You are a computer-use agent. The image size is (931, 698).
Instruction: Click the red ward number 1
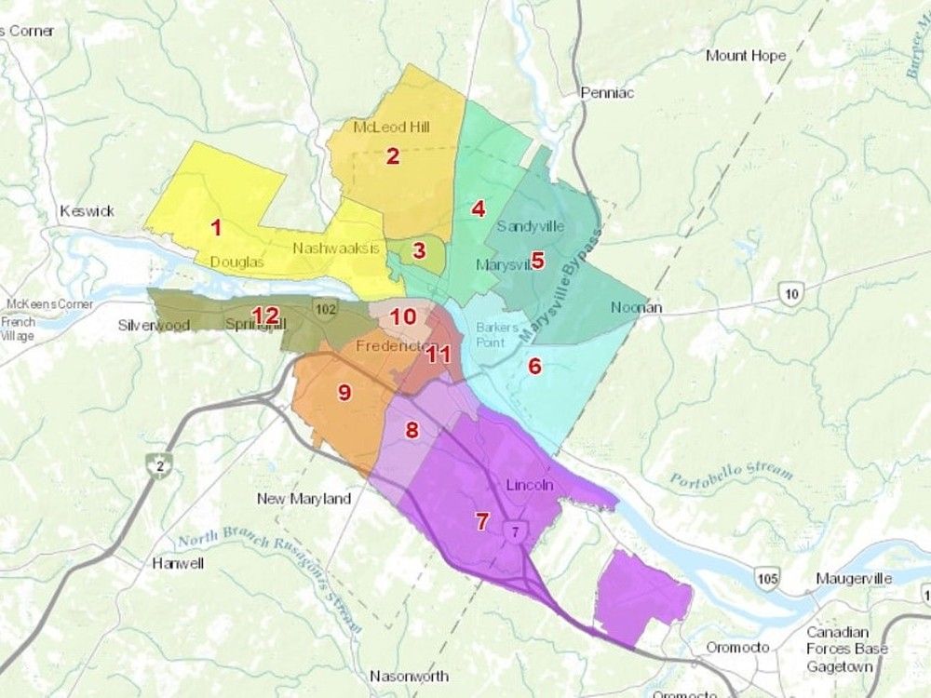[216, 226]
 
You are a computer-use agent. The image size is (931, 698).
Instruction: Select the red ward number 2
[393, 156]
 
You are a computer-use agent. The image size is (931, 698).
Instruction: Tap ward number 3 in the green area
[419, 250]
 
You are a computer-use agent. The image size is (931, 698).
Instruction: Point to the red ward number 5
[536, 261]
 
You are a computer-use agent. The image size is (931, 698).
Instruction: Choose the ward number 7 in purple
[481, 521]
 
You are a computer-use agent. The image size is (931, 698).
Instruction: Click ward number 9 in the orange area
[344, 393]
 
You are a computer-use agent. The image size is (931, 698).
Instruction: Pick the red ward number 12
[265, 315]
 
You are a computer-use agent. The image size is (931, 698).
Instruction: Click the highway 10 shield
[790, 295]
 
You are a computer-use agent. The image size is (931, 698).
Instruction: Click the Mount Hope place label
[746, 56]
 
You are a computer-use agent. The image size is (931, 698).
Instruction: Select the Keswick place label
[87, 211]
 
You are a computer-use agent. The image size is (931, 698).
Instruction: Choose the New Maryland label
[304, 499]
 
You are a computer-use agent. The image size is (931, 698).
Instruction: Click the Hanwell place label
[175, 564]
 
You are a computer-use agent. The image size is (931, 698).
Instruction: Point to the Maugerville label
[854, 579]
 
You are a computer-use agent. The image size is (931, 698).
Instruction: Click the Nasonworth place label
[409, 676]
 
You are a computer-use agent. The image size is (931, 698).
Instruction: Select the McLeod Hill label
[391, 127]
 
